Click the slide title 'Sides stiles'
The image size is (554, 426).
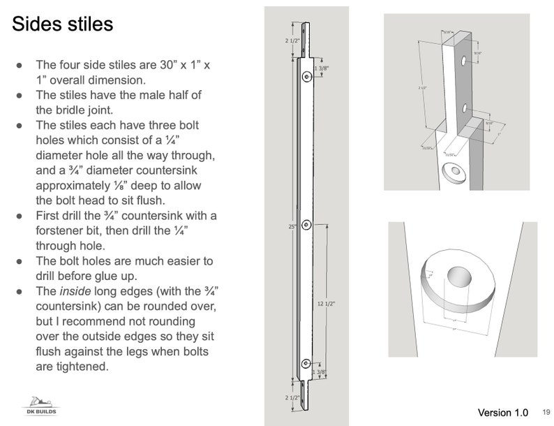(x=63, y=25)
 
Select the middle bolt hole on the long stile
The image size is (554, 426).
(x=306, y=225)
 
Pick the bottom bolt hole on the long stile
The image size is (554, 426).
(x=306, y=364)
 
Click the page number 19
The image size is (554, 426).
(x=546, y=412)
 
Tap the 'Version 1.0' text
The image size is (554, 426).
(x=502, y=412)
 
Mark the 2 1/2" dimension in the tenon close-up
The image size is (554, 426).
(x=421, y=88)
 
